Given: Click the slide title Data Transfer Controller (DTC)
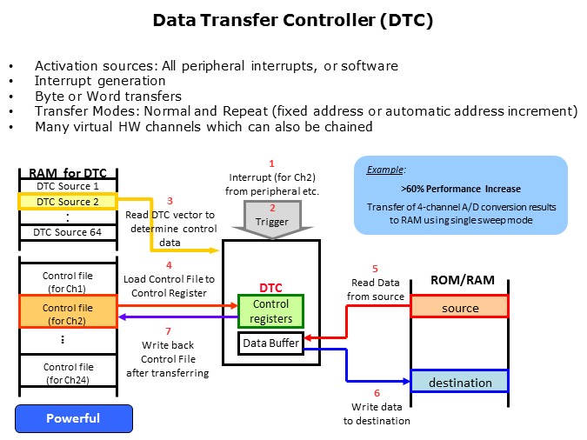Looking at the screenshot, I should coord(293,20).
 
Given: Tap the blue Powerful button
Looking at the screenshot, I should coord(73,418).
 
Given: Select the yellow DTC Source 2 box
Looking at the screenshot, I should coord(69,202).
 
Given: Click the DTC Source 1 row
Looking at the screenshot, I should coord(69,186).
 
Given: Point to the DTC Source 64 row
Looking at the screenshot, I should coord(69,232).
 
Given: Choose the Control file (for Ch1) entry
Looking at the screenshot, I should coord(69,282).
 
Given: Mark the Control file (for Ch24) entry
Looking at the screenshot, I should coord(69,373).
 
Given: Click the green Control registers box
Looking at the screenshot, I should coord(270,310).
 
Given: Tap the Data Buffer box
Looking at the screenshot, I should coord(270,343).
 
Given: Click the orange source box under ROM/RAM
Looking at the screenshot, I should coord(460,308).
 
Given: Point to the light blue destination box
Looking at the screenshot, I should coord(460,382).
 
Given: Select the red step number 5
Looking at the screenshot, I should coord(375,269).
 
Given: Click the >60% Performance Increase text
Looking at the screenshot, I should coord(460,188).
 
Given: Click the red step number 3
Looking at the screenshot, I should coord(170,201).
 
